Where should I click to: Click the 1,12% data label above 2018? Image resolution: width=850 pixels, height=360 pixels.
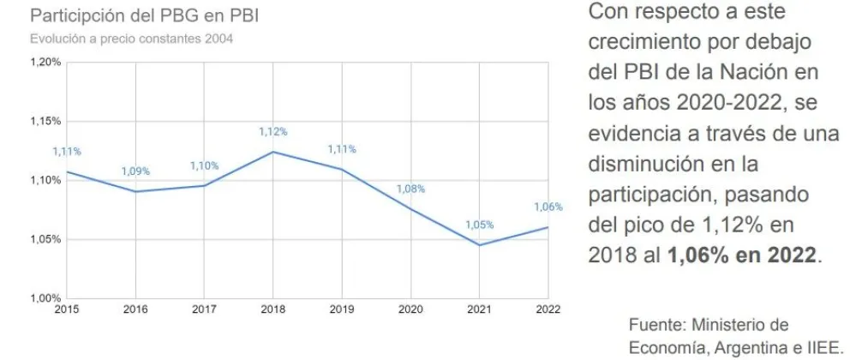tap(272, 132)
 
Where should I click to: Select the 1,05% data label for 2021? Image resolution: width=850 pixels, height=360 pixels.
tap(479, 225)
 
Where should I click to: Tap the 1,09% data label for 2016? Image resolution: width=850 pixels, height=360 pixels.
tap(135, 171)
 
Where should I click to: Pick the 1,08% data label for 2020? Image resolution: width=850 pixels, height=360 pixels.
tap(410, 189)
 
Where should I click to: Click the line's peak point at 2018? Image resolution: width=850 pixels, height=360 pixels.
tap(272, 152)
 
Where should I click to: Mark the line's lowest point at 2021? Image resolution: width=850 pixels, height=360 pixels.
tap(479, 245)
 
